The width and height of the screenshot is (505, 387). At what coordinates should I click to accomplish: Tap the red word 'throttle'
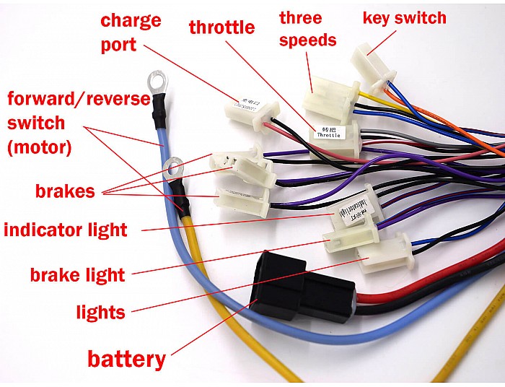pos(221,28)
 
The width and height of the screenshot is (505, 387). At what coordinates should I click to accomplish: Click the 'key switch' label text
pos(404,17)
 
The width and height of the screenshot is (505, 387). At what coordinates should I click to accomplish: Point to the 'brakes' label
pos(65,191)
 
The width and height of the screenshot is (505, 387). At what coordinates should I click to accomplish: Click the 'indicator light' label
pos(66,230)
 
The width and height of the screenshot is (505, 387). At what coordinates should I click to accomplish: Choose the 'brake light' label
pos(77,274)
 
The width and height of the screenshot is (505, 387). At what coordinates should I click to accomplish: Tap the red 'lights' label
pos(100,312)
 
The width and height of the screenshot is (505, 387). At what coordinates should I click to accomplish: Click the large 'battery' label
pos(126,358)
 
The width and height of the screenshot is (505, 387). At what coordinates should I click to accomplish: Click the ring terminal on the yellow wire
pos(172,170)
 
